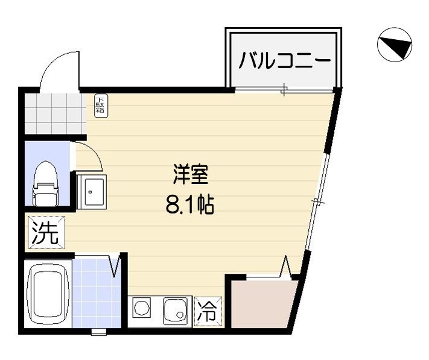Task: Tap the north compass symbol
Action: [x=395, y=46]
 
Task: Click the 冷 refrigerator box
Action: [x=208, y=311]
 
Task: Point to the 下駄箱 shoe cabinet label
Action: [x=101, y=106]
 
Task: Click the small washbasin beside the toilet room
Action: [x=92, y=191]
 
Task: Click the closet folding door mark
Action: [x=286, y=267]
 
